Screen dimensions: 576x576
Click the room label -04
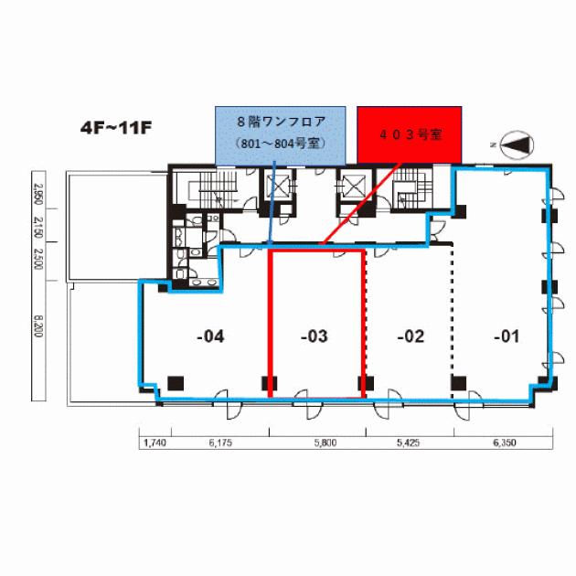tap(210, 336)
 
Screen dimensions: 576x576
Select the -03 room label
tap(315, 336)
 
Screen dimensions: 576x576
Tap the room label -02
tap(411, 336)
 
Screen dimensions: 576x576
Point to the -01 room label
tap(507, 336)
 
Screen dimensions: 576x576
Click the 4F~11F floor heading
tap(116, 128)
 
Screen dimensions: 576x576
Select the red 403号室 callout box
tap(410, 134)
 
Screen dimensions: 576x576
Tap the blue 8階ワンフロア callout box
tap(281, 136)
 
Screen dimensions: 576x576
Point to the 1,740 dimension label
tap(155, 443)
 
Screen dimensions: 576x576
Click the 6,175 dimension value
tap(220, 443)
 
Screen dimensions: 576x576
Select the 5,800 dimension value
tap(325, 443)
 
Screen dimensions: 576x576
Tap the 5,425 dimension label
tap(408, 443)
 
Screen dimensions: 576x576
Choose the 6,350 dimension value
tap(505, 443)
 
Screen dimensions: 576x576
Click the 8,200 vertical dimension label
tap(38, 326)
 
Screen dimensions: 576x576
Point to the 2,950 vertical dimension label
tap(38, 195)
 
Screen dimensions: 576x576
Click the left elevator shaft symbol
tap(278, 187)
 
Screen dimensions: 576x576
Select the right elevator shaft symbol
tap(354, 187)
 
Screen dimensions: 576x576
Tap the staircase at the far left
tap(218, 189)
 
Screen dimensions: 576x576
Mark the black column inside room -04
tap(176, 383)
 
